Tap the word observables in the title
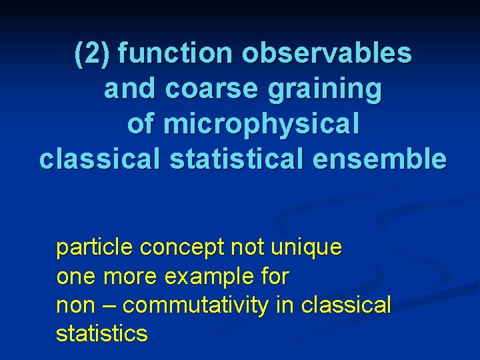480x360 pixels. click(327, 54)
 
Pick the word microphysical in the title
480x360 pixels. click(261, 125)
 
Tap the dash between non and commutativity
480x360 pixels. click(111, 305)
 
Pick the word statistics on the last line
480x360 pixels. click(101, 333)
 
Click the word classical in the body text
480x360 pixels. click(346, 305)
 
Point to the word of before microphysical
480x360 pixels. click(141, 123)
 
